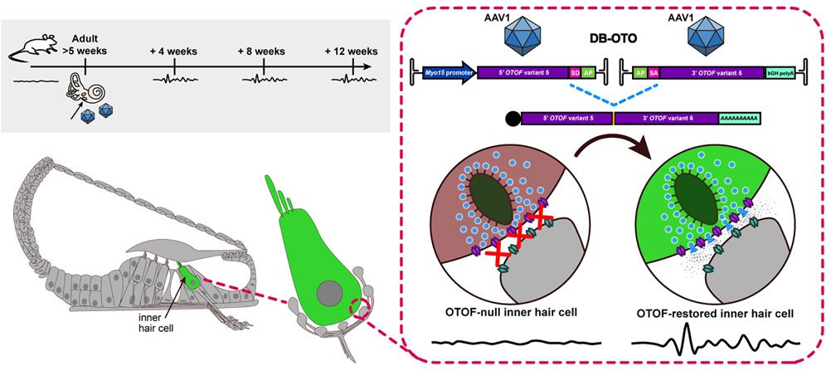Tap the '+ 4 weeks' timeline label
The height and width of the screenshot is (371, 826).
point(173,51)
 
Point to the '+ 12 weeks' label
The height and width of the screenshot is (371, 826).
point(352,51)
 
